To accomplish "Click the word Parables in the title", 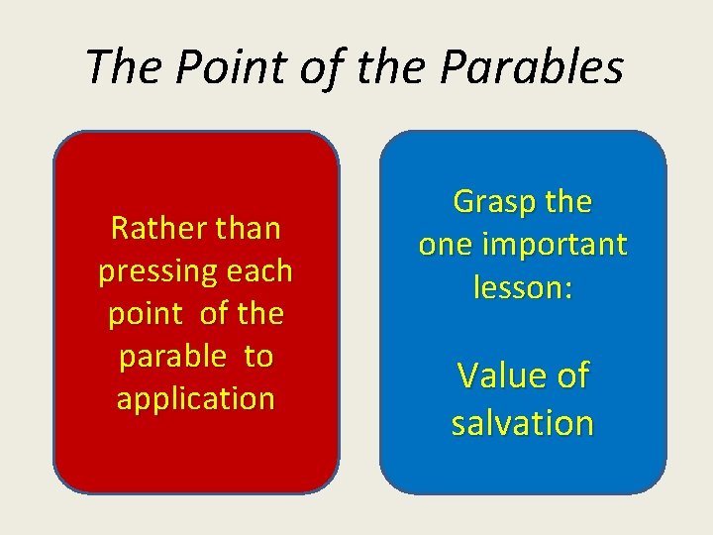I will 532,67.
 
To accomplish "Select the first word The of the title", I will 117,67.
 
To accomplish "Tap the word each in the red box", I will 260,271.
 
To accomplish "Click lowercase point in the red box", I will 145,314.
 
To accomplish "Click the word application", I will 196,399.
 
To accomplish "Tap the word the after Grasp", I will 568,202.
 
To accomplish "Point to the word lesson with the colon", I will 523,287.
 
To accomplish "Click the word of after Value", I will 570,376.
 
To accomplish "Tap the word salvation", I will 523,423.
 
